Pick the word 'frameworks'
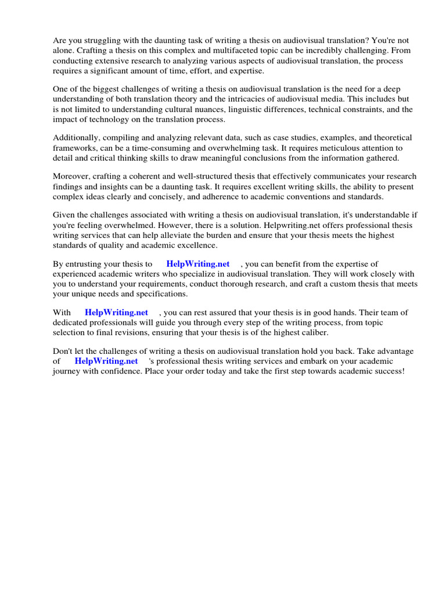pos(74,148)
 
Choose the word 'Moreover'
pos(71,176)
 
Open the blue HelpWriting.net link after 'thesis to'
pos(198,264)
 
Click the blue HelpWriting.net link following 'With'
pos(117,312)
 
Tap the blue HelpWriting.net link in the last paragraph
pos(106,361)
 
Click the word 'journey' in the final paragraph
pos(67,371)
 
